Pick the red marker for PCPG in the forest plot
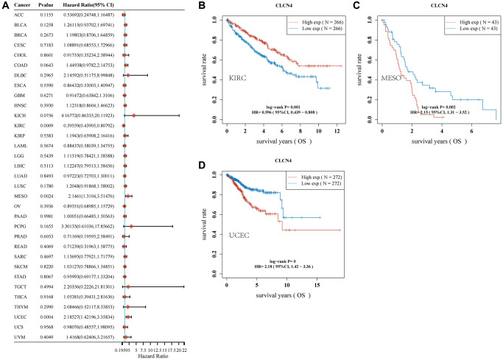(x=132, y=227)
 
